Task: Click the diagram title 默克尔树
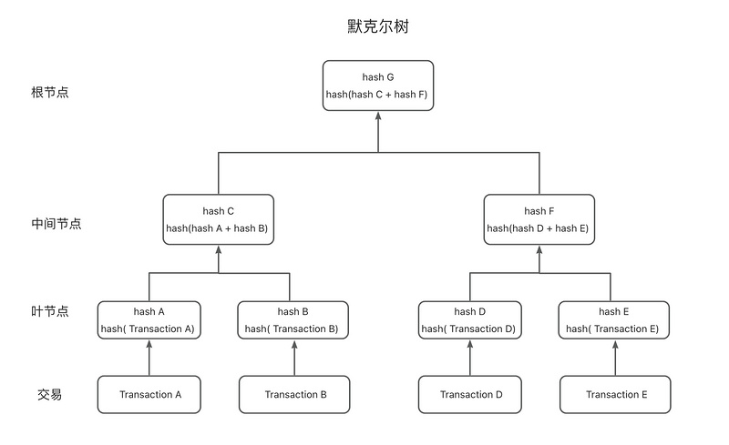point(378,26)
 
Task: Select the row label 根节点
point(50,92)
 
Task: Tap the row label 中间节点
point(56,224)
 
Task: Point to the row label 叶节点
point(50,310)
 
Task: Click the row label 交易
point(50,394)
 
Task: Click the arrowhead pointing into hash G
point(378,116)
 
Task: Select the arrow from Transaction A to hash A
point(149,358)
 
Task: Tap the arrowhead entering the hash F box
point(539,249)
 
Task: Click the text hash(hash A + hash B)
point(217,228)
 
